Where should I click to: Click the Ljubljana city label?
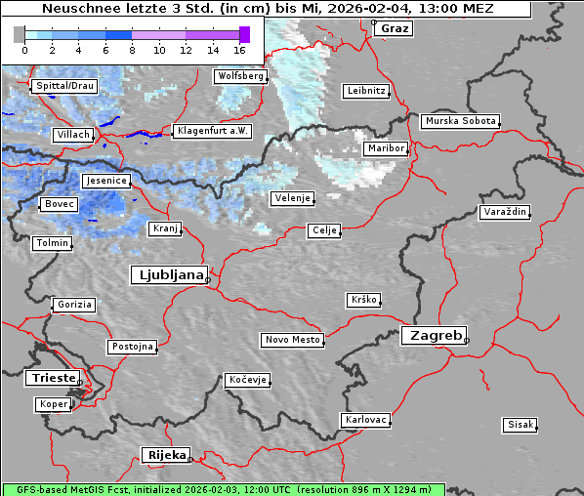pyautogui.click(x=168, y=275)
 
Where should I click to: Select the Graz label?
pyautogui.click(x=395, y=28)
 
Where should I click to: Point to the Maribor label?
pyautogui.click(x=385, y=148)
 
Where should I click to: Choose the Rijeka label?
pyautogui.click(x=166, y=455)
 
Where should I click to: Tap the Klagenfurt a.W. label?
pyautogui.click(x=212, y=131)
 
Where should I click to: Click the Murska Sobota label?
pyautogui.click(x=460, y=122)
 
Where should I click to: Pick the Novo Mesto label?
pyautogui.click(x=292, y=340)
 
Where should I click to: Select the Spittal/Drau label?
pyautogui.click(x=64, y=86)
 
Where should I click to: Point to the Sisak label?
pyautogui.click(x=520, y=425)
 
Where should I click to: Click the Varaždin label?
pyautogui.click(x=505, y=212)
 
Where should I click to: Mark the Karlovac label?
pyautogui.click(x=365, y=420)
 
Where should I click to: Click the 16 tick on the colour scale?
pyautogui.click(x=240, y=49)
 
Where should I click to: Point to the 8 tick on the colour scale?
pyautogui.click(x=132, y=49)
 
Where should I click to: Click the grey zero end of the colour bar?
pyautogui.click(x=19, y=35)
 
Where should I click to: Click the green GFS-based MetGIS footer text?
pyautogui.click(x=223, y=489)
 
